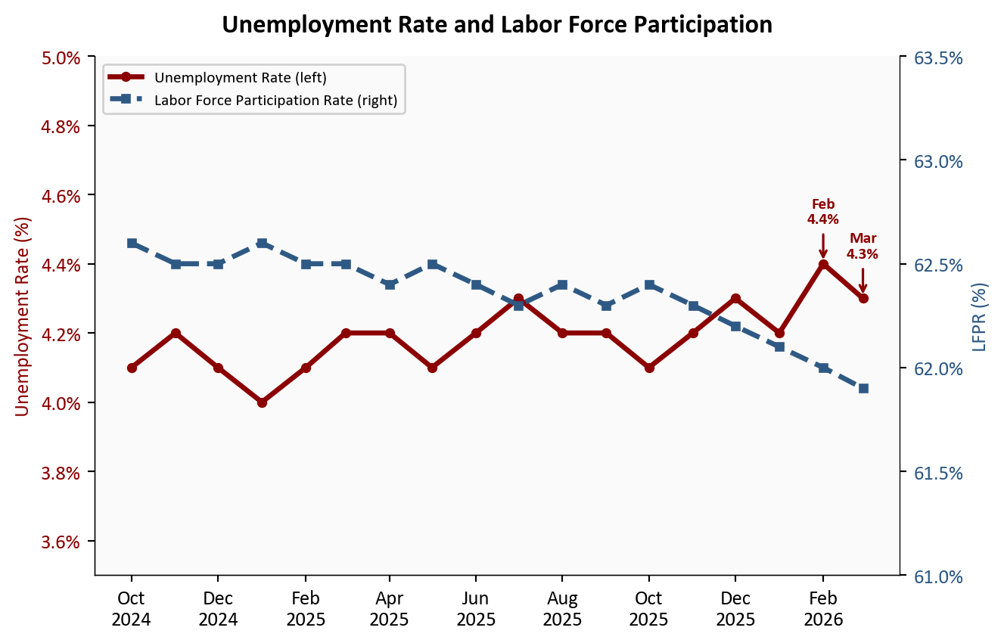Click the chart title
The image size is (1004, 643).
click(497, 25)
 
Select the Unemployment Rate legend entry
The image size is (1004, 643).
click(240, 77)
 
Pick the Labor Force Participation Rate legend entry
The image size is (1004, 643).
click(275, 100)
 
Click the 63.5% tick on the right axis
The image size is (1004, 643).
click(938, 57)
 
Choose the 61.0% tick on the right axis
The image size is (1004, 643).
click(938, 576)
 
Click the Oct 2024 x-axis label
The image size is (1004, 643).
click(132, 609)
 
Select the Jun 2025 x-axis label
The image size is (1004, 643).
click(476, 609)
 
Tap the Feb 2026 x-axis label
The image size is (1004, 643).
click(823, 609)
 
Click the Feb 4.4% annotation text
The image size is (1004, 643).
click(823, 212)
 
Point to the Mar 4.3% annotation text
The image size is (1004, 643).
click(863, 247)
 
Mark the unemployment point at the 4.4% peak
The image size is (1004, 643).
click(823, 264)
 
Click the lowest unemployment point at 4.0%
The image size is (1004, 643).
click(262, 402)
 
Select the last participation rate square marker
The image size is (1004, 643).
click(863, 388)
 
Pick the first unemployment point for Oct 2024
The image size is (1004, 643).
click(132, 368)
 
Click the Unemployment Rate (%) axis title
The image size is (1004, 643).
click(23, 316)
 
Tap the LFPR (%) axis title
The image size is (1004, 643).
click(981, 316)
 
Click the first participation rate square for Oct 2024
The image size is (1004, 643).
click(132, 243)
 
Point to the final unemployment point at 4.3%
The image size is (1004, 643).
click(863, 298)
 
